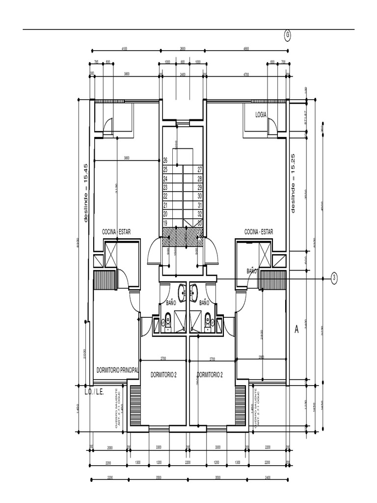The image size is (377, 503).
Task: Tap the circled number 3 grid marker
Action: (x=334, y=278)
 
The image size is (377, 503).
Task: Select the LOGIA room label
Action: (x=261, y=114)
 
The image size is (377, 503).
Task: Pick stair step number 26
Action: (x=165, y=161)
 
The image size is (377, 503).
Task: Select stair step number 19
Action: (x=165, y=223)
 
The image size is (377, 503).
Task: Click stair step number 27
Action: (x=200, y=169)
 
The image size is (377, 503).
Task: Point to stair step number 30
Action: (x=200, y=196)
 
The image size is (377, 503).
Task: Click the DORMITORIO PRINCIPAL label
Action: (x=118, y=370)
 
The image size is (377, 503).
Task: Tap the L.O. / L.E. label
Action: (x=94, y=392)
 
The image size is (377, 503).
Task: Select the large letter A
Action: (x=296, y=330)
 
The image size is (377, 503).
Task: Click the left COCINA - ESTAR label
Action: (x=116, y=231)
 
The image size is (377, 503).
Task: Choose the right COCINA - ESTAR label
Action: (x=259, y=231)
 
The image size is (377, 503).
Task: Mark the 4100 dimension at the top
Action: (x=124, y=49)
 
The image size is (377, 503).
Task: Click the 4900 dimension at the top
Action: (x=246, y=49)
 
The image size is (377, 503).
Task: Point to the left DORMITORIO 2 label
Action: (x=163, y=374)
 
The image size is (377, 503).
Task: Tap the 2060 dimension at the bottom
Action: (x=109, y=448)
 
